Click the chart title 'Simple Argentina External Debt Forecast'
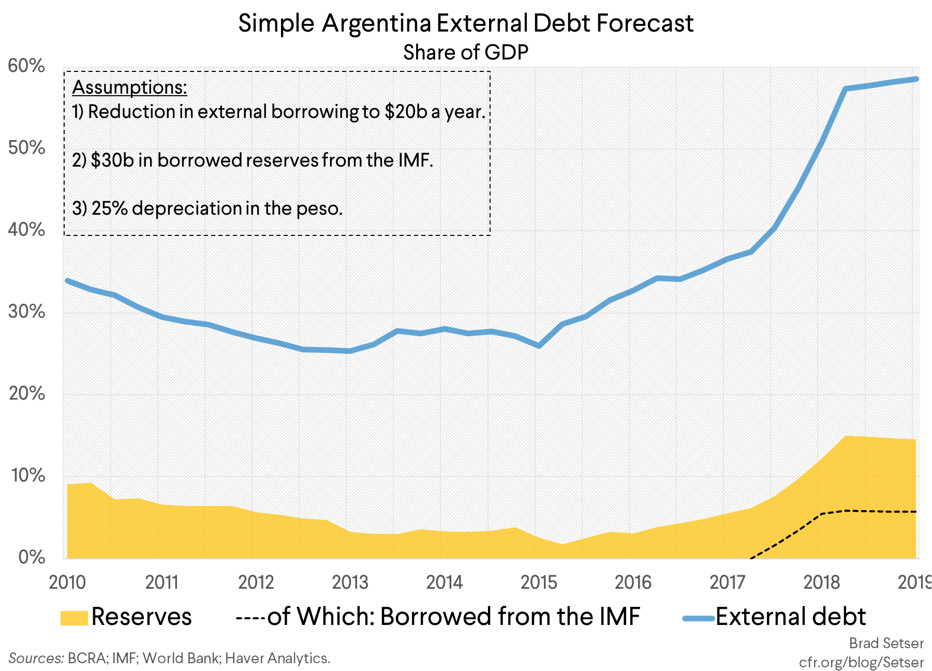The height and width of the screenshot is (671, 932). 465,23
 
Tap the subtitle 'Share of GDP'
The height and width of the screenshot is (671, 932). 465,52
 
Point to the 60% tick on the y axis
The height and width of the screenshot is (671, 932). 26,66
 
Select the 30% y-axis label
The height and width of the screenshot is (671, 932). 26,312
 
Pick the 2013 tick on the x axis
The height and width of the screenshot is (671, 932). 350,583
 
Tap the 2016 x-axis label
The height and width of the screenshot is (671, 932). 633,583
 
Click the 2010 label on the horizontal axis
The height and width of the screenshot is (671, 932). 67,583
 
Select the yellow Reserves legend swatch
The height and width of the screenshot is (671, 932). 73,618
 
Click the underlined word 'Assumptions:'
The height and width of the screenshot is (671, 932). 129,87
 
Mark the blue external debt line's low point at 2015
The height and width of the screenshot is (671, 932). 539,346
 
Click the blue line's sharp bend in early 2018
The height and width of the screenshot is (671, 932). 845,89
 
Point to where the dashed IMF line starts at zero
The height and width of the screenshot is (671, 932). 750,558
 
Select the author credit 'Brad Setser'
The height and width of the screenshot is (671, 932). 886,643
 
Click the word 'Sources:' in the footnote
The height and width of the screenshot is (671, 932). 36,658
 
